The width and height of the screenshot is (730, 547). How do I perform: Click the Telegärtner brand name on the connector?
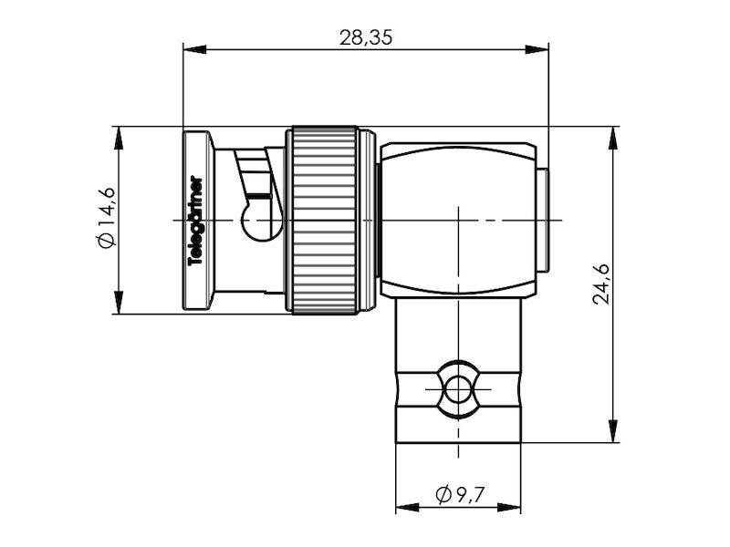[x=194, y=220]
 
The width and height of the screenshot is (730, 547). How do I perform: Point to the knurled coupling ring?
[x=322, y=221]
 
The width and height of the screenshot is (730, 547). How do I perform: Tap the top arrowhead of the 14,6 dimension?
[x=119, y=133]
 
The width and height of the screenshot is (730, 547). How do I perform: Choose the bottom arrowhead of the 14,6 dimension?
[x=119, y=306]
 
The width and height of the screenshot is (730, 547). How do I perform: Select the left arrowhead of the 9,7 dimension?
[x=401, y=506]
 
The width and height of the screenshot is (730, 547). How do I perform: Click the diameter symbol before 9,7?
[x=444, y=495]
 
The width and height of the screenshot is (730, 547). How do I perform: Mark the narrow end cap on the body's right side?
[x=541, y=221]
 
